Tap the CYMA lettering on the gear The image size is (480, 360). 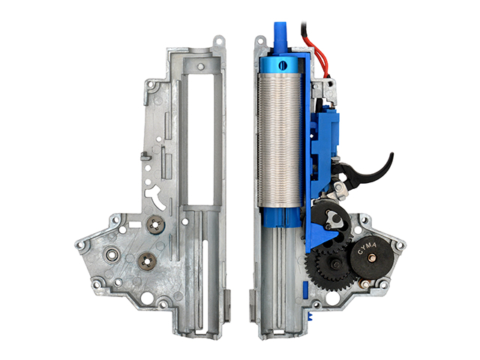[x=367, y=248]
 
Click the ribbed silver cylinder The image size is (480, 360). [x=279, y=140]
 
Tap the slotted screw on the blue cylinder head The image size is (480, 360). [x=283, y=65]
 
